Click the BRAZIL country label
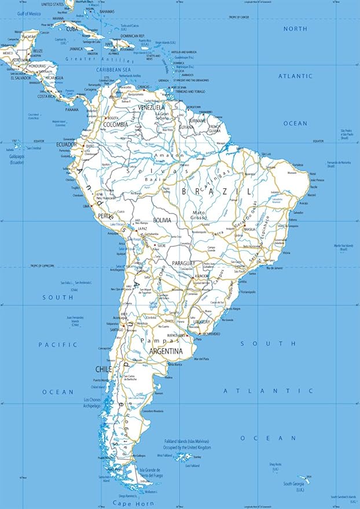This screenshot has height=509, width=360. [x=216, y=191]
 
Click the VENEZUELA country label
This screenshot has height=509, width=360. [x=151, y=107]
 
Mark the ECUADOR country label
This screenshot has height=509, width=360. [x=66, y=145]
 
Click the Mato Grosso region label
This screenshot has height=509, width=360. [x=199, y=216]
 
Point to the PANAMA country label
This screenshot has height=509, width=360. [x=72, y=109]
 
